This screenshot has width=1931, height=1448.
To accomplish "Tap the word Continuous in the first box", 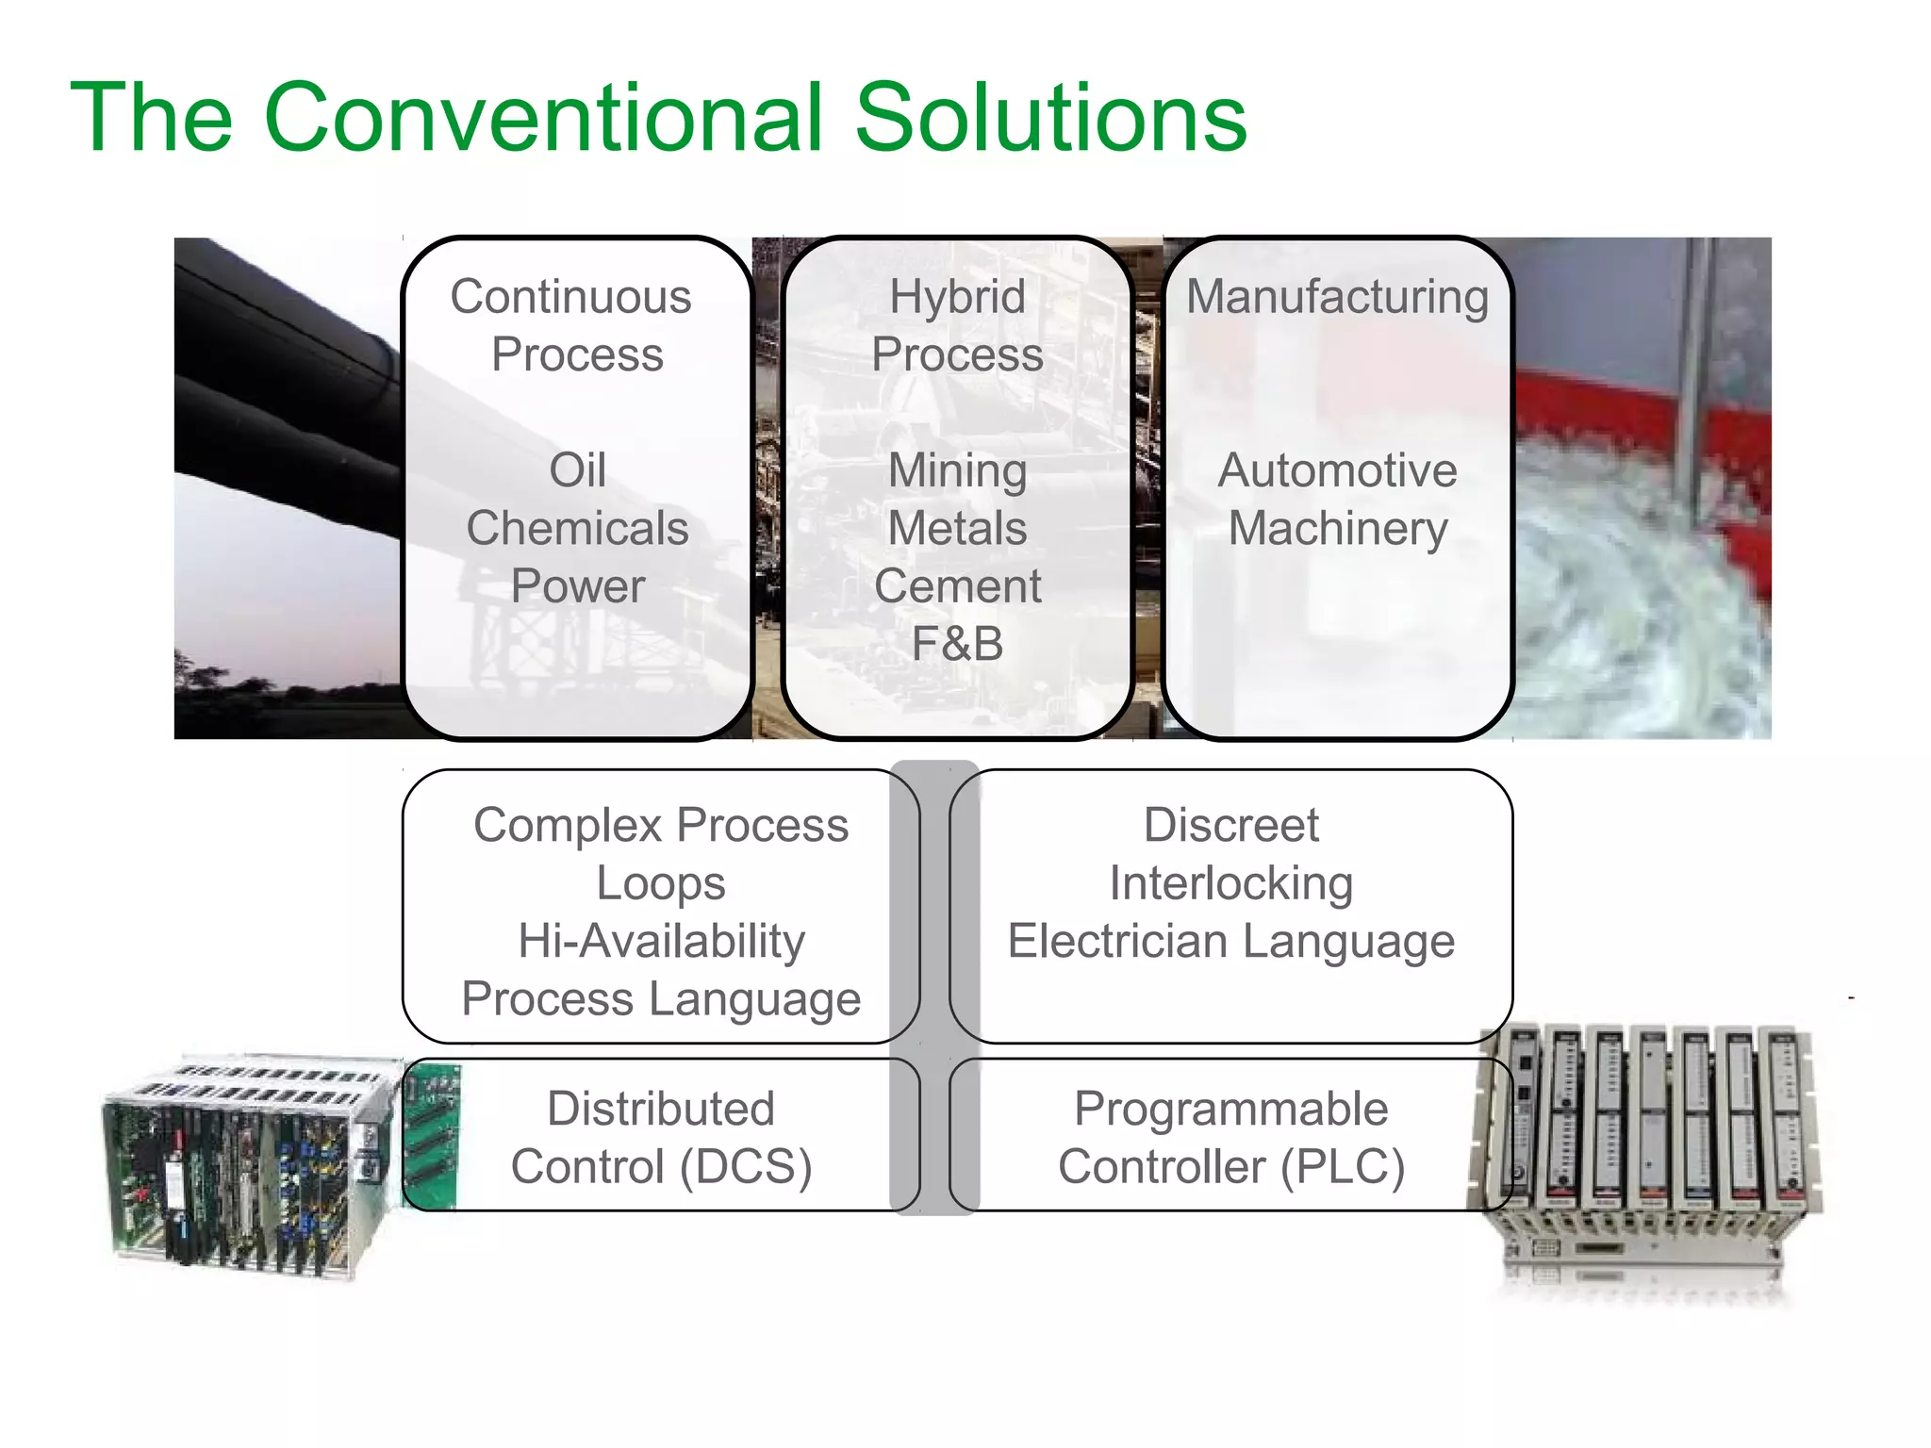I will coord(570,297).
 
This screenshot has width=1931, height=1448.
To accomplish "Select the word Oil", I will coord(577,470).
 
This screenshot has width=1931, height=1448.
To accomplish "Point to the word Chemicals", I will coord(577,528).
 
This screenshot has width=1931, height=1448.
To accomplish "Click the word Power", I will coord(577,586).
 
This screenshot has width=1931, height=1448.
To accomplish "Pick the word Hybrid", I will coord(957,297).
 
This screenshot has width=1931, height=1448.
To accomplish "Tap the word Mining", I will coord(957,470).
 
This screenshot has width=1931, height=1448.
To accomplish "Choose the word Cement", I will coord(957,586).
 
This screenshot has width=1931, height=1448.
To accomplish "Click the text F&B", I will coord(957,644).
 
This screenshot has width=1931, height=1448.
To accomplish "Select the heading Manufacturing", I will coord(1337,297).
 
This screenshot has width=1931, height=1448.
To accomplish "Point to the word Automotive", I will coord(1337,470).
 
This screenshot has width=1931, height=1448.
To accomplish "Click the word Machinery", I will coord(1337,528).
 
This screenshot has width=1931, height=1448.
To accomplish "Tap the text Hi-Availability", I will coord(661,942).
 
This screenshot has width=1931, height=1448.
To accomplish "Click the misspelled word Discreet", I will coord(1230,826).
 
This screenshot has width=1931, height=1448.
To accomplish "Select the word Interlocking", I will coord(1230,884).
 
